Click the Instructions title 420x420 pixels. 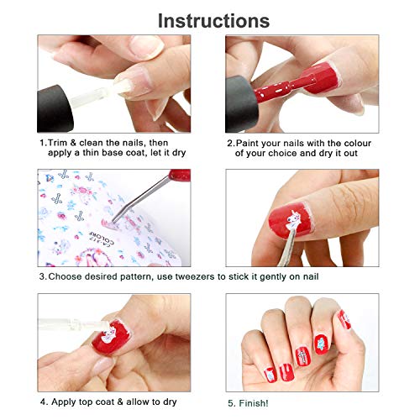click(213, 19)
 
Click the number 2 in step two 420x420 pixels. click(229, 143)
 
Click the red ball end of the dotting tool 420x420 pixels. click(178, 176)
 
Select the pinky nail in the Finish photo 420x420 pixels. click(344, 318)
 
